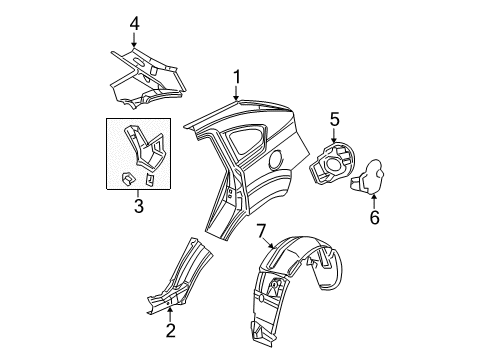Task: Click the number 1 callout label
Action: pyautogui.click(x=237, y=76)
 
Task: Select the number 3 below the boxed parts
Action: pyautogui.click(x=139, y=207)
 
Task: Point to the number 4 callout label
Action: pyautogui.click(x=134, y=20)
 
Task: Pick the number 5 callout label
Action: pyautogui.click(x=336, y=118)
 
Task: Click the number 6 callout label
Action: pyautogui.click(x=375, y=215)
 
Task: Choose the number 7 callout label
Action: pyautogui.click(x=262, y=233)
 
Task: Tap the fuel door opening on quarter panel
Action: pyautogui.click(x=274, y=159)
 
